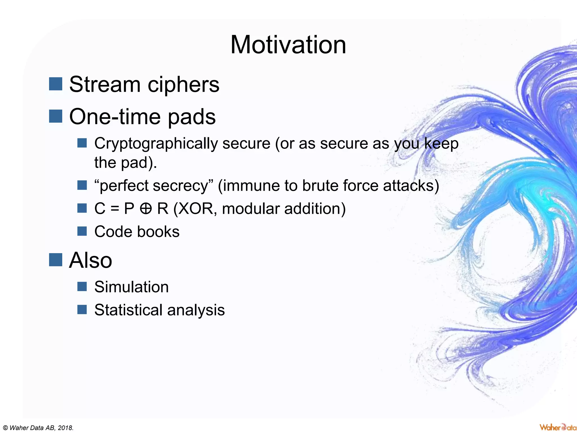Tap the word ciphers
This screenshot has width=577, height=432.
coord(183,85)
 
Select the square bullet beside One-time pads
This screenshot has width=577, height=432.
coord(56,116)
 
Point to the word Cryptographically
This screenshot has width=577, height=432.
coord(156,144)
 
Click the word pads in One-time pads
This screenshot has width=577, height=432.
coord(192,117)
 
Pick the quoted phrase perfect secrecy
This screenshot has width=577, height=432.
coord(154,186)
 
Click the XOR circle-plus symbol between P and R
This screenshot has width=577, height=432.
coord(146,209)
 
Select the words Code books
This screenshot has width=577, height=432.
coord(137,232)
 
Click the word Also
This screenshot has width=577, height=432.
coord(90,260)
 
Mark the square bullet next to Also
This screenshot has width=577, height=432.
coord(56,260)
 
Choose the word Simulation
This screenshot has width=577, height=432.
coord(131,287)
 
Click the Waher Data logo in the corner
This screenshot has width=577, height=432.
coord(558,427)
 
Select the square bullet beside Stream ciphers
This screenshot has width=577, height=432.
coord(56,84)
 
